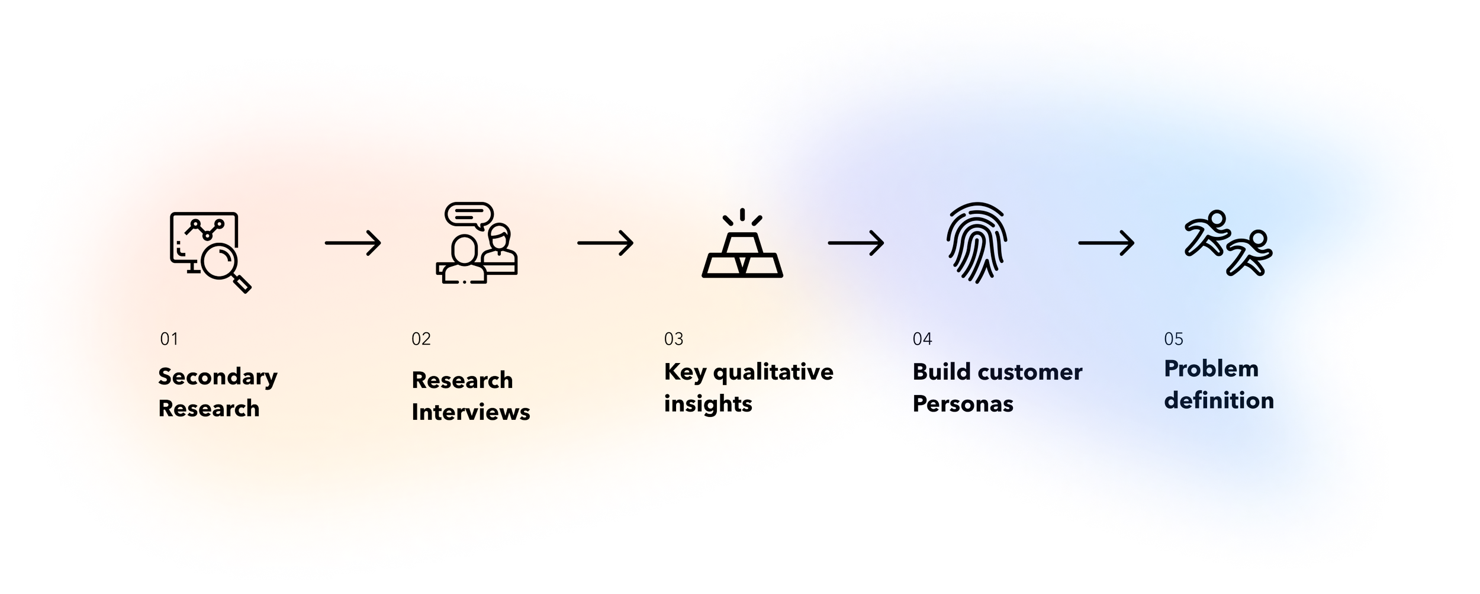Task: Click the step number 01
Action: coord(169,339)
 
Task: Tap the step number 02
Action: coord(421,339)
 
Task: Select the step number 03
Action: coord(674,339)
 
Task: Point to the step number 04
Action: coord(922,339)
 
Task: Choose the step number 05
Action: coord(1173,339)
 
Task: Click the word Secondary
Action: coord(217,377)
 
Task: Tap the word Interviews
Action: coord(471,412)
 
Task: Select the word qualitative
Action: coord(773,373)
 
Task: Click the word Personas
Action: coord(963,404)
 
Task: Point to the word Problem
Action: coord(1211,369)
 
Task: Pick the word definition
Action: coord(1218,401)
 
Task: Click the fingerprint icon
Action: coord(977,242)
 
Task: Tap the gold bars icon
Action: coord(742,249)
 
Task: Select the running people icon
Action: coord(1228,243)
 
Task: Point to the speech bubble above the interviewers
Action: coord(469,214)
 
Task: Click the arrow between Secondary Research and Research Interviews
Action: coord(353,243)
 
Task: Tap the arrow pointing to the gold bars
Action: coord(605,243)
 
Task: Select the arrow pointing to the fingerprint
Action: coord(856,243)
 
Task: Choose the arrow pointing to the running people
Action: coord(1106,243)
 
